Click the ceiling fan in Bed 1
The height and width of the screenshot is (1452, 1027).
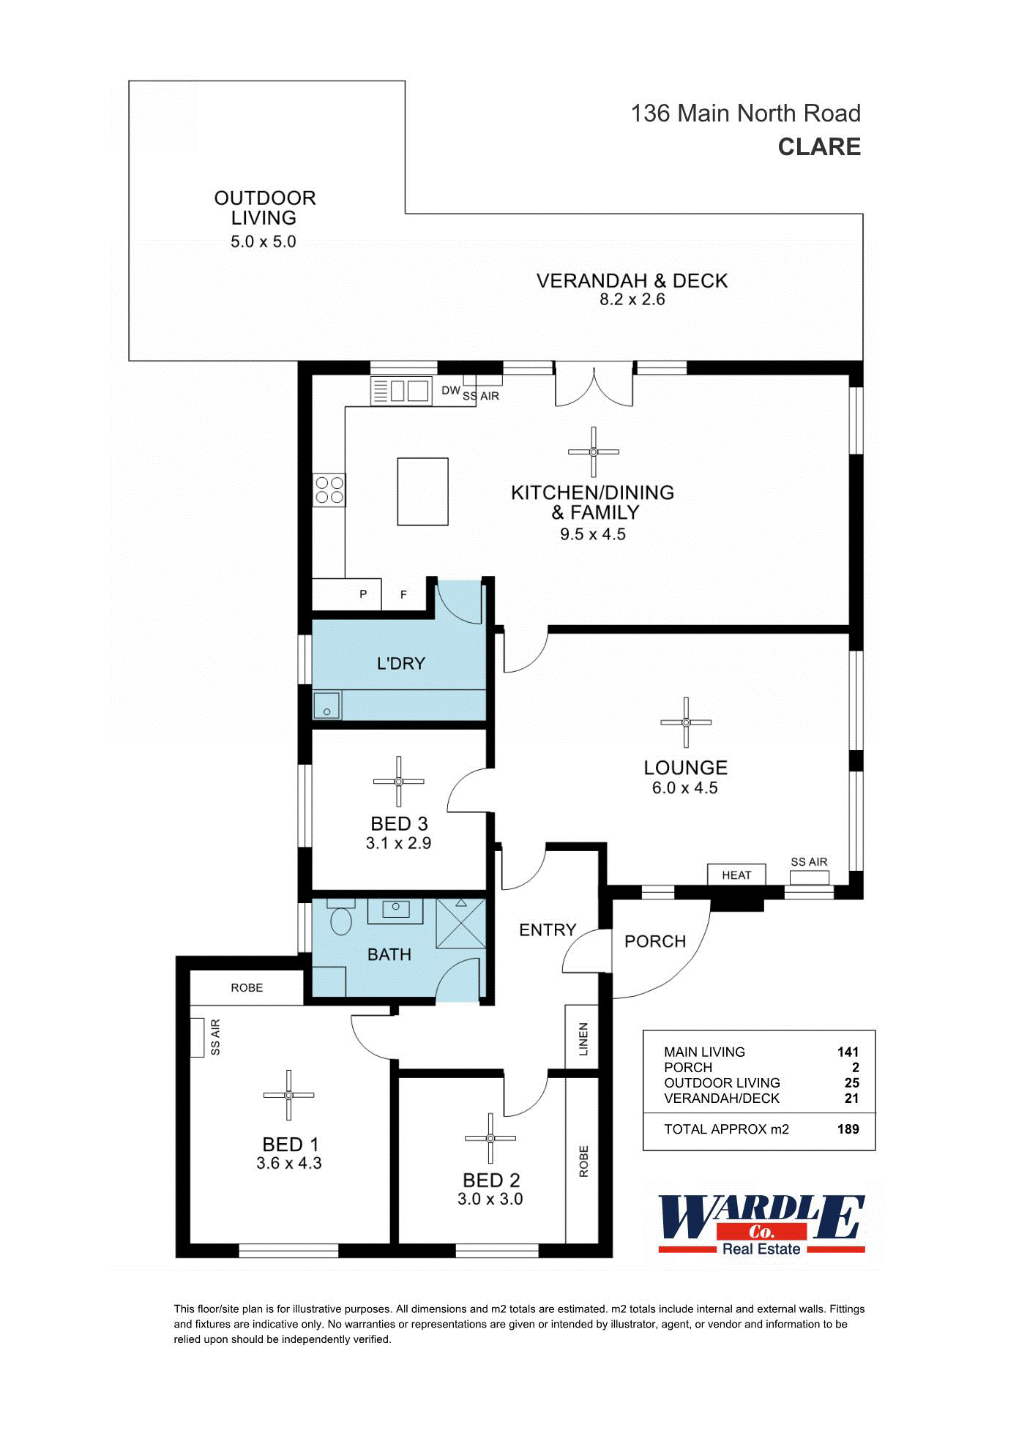coord(288,1095)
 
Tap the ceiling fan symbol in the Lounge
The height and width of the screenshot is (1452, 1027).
coord(686,722)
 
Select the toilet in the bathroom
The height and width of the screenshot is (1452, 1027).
coord(341,920)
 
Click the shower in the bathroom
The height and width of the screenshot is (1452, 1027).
coord(461,924)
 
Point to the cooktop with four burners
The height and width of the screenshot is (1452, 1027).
coord(329,490)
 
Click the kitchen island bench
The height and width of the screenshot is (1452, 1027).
coord(422,492)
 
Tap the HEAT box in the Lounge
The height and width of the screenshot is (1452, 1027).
coord(736,875)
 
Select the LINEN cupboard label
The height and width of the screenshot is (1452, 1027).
coord(583,1039)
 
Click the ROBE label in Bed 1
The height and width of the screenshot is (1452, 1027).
coord(247,988)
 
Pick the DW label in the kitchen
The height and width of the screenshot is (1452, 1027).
coord(450,391)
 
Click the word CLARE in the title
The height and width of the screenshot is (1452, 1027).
coord(819,147)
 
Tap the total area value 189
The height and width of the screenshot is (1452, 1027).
coord(848,1129)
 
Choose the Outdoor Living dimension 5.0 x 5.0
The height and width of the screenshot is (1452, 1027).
coord(264,242)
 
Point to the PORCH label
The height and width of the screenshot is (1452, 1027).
coord(655,942)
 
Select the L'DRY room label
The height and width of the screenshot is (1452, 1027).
coord(400,664)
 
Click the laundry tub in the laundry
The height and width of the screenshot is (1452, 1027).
coord(327,706)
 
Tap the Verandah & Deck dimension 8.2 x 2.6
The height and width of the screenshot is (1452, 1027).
coord(632,299)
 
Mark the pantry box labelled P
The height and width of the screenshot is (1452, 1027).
coord(363,594)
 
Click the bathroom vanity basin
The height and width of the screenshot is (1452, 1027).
coord(395,910)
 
